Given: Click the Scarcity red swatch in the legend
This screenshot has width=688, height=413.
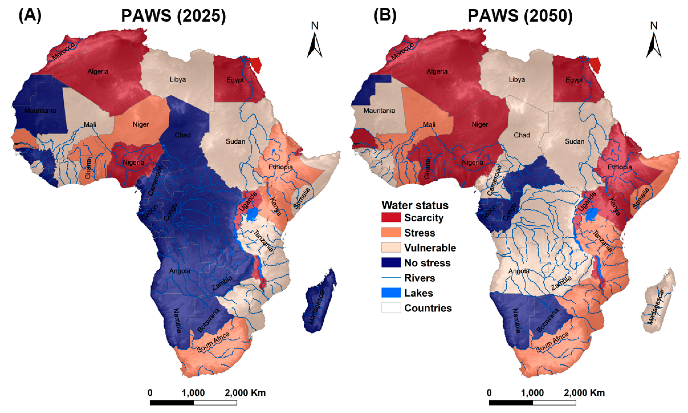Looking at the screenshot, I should click(x=391, y=217).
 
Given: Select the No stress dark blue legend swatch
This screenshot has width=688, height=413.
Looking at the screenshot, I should click(x=391, y=262).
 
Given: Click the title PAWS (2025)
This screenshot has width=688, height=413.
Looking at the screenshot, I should click(x=174, y=16).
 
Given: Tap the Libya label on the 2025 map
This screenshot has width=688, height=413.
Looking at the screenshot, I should click(x=178, y=80).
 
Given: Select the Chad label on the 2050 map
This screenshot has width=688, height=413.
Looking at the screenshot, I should click(x=522, y=135).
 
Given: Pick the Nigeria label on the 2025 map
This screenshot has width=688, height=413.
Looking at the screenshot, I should click(x=134, y=163).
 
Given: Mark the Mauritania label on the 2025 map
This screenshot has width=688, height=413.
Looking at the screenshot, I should click(x=40, y=111).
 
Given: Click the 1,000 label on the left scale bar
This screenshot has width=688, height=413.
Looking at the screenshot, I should click(x=193, y=393).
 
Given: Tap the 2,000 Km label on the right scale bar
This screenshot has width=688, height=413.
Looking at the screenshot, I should click(x=584, y=393).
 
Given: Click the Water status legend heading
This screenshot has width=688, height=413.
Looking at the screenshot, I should click(x=415, y=205).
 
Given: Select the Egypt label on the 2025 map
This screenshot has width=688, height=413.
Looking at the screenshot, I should click(x=235, y=80).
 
